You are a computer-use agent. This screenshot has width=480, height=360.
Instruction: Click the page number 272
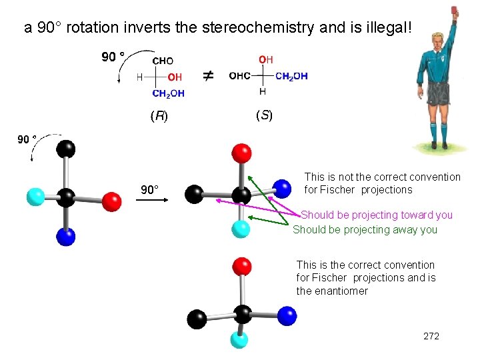pos(431,336)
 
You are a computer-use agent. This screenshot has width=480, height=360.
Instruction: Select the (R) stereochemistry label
pos(159,116)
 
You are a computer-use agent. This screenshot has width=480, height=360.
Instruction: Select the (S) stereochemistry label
pos(264,116)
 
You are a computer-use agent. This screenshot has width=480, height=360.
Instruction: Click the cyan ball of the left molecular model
pos(35,197)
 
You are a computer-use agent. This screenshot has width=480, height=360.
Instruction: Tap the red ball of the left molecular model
pos(112,201)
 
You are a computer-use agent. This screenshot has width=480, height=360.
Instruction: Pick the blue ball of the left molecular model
pos(66,237)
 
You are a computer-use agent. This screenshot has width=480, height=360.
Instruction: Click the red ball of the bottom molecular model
pos(243,266)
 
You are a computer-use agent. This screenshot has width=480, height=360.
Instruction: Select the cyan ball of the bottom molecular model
pos(239,340)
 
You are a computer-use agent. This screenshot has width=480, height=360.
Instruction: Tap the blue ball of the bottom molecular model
pos(287,315)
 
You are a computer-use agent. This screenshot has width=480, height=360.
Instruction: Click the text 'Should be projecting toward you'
pos(377,215)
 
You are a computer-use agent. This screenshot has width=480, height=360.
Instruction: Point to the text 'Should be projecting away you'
pos(365,229)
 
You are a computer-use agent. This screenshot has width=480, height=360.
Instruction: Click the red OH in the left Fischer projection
pos(174,77)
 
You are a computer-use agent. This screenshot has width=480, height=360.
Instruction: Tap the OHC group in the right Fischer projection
pos(240,76)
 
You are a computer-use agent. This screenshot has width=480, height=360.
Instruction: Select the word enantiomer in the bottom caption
pos(341,291)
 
